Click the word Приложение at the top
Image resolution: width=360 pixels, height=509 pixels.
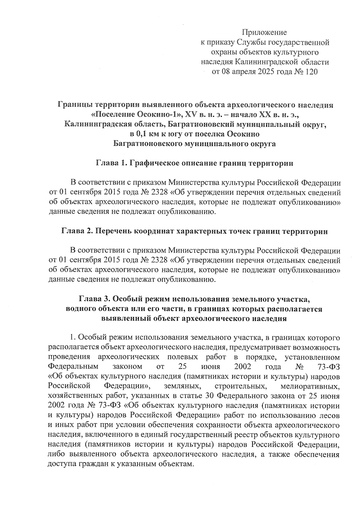pos(264,32)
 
